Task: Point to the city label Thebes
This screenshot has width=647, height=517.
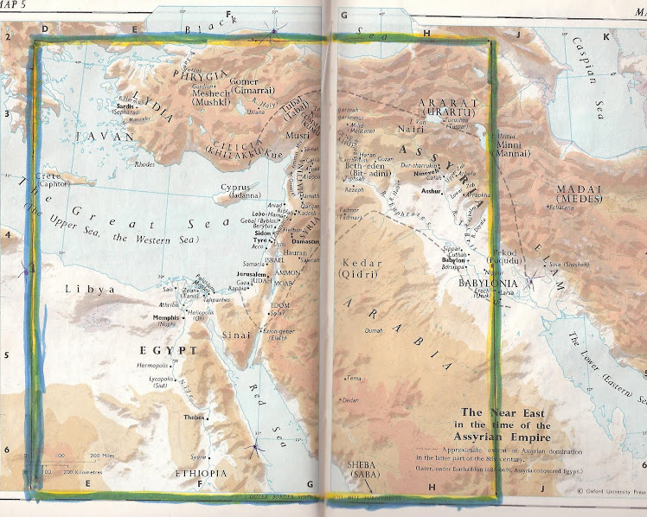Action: (x=193, y=418)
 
